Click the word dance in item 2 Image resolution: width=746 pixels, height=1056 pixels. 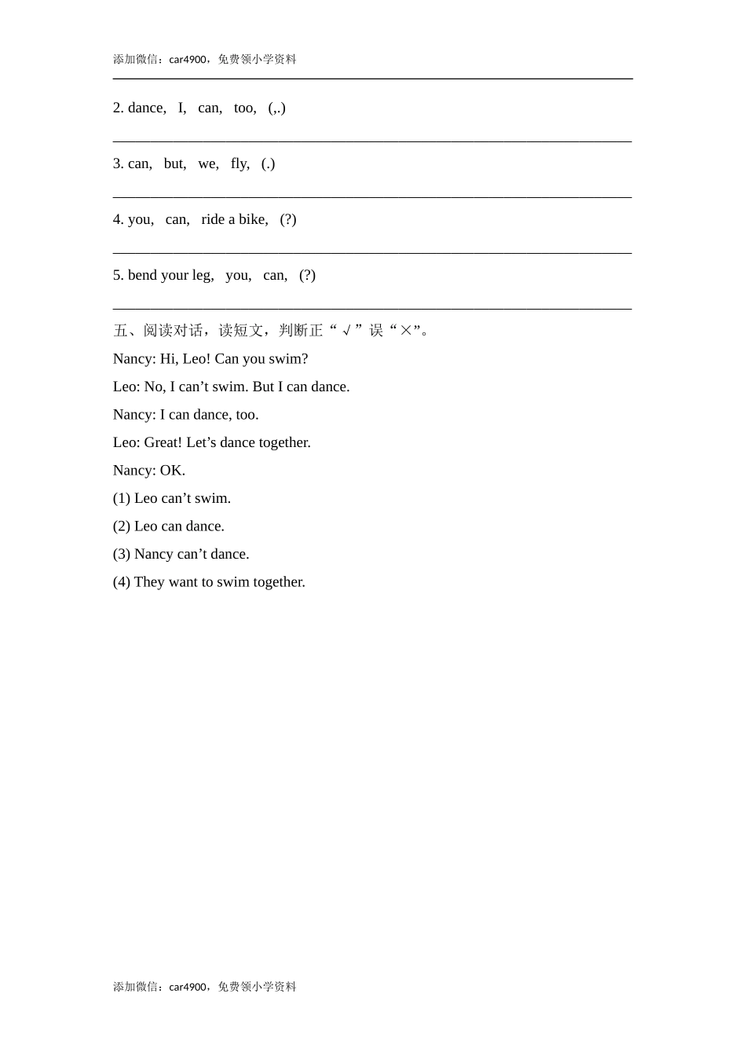click(x=146, y=108)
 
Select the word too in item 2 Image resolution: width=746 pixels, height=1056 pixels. click(x=244, y=108)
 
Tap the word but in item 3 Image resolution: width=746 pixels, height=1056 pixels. click(x=174, y=163)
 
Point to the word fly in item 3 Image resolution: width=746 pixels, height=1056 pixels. click(x=240, y=163)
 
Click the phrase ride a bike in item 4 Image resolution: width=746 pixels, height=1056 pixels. click(x=234, y=219)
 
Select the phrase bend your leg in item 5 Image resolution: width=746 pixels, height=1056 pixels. click(x=170, y=275)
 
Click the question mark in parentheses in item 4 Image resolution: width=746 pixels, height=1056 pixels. click(x=288, y=219)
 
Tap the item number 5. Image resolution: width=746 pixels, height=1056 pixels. click(x=118, y=275)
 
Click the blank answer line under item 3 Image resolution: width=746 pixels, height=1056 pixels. click(x=372, y=196)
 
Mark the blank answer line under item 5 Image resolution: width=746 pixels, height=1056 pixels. click(x=372, y=308)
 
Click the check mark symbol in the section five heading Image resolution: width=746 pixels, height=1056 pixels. click(x=346, y=331)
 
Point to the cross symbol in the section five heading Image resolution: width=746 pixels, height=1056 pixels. click(x=406, y=331)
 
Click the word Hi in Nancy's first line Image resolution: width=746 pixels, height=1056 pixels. click(x=168, y=359)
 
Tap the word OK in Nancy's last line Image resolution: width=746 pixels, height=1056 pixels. click(x=172, y=471)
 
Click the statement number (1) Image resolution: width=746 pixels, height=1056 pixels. click(x=122, y=498)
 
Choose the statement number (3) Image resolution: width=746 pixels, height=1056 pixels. click(x=122, y=554)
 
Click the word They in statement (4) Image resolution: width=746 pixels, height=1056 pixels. click(x=149, y=582)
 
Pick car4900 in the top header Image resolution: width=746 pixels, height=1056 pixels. click(x=188, y=60)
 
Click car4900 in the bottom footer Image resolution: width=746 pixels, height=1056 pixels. click(x=188, y=987)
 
